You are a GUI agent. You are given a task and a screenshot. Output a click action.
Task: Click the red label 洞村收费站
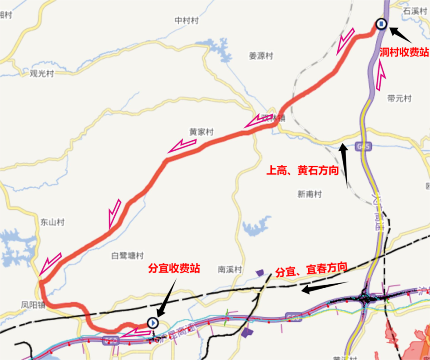pyautogui.click(x=404, y=52)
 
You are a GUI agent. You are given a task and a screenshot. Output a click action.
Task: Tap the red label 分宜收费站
pyautogui.click(x=174, y=269)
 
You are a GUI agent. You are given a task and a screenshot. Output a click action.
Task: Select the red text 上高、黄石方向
pyautogui.click(x=302, y=171)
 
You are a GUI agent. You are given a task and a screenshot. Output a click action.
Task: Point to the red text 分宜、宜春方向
pyautogui.click(x=311, y=270)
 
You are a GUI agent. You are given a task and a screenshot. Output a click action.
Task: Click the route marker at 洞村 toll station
pyautogui.click(x=381, y=24)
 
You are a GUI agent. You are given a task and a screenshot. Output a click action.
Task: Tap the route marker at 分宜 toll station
pyautogui.click(x=153, y=322)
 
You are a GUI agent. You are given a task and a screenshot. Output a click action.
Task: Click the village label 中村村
pyautogui.click(x=186, y=21)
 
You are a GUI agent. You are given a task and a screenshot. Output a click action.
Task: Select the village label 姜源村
pyautogui.click(x=261, y=56)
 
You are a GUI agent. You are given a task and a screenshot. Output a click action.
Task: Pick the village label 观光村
pyautogui.click(x=42, y=74)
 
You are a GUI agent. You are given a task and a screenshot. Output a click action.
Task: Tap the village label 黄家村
pyautogui.click(x=201, y=132)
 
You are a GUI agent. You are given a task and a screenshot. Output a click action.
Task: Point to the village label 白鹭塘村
pyautogui.click(x=127, y=256)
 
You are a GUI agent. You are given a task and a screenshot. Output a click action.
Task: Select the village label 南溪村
pyautogui.click(x=230, y=269)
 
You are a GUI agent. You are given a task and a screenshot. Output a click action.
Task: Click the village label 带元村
pyautogui.click(x=399, y=99)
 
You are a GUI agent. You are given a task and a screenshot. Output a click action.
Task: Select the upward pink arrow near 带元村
pyautogui.click(x=381, y=75)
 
